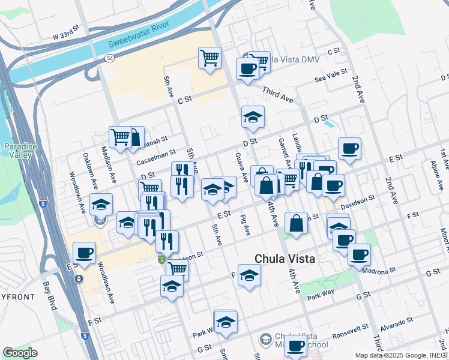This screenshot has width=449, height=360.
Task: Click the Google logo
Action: click(20, 353)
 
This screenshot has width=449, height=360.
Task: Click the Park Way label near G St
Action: click(320, 297)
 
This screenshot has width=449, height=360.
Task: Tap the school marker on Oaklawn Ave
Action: click(101, 205)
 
